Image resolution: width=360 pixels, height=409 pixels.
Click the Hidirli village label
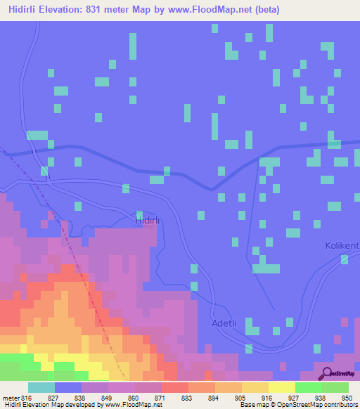148,221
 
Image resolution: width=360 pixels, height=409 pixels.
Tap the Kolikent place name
342,245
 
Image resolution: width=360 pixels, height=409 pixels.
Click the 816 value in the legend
27,398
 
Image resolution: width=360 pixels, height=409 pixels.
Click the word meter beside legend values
11,398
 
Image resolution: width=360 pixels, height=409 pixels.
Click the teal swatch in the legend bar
41,387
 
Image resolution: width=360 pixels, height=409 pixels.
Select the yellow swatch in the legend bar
282,387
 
